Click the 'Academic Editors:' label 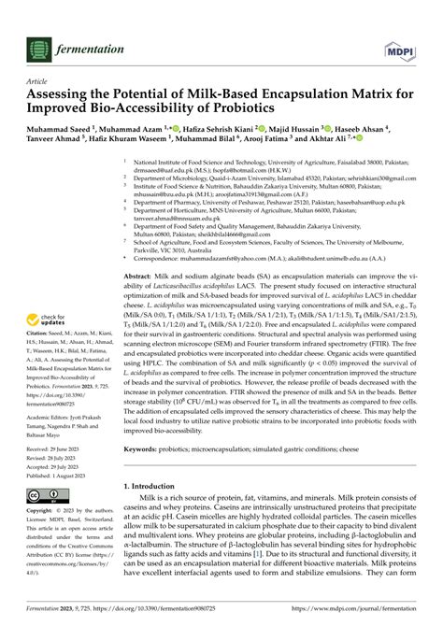click(x=50, y=417)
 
